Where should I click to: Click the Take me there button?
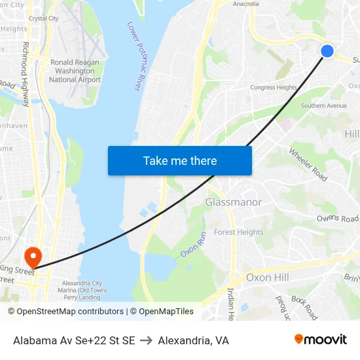click(x=180, y=160)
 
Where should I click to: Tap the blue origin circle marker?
click(x=327, y=51)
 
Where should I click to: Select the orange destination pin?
click(x=32, y=256)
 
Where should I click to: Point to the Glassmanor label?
click(x=234, y=202)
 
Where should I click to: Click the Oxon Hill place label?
click(x=267, y=278)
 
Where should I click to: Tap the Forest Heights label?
click(x=239, y=232)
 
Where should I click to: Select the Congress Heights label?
click(x=274, y=88)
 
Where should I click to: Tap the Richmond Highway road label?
click(x=26, y=75)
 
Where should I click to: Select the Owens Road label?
click(x=338, y=219)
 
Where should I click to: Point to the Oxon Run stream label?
click(x=194, y=243)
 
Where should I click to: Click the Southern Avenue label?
click(x=323, y=105)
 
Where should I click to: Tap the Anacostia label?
click(x=246, y=4)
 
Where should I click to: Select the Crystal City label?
click(x=44, y=18)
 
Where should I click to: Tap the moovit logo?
click(x=320, y=340)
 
